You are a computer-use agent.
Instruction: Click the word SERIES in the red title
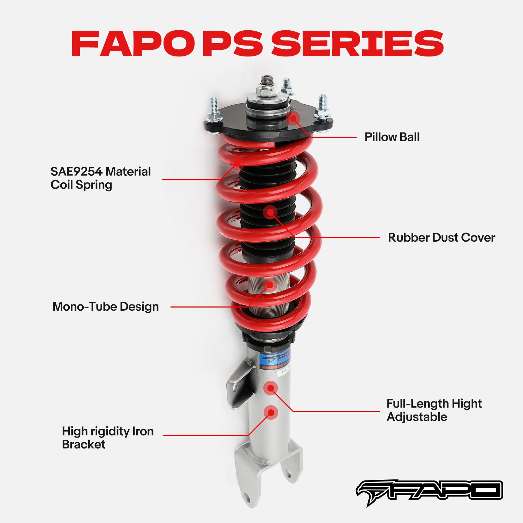coord(357,44)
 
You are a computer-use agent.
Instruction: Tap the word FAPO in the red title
coord(132,44)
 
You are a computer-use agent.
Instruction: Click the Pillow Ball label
coord(392,137)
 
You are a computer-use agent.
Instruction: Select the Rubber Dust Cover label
coord(441,237)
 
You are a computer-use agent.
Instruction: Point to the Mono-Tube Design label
coord(106,306)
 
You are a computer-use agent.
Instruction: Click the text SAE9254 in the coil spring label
coord(76,172)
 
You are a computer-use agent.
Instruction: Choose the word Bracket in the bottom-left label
coord(84,445)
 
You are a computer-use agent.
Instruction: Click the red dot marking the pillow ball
coord(294,119)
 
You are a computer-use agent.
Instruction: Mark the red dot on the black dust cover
coord(270,212)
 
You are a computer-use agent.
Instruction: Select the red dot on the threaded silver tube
coord(270,285)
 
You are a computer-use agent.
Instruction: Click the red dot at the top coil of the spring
coord(237,162)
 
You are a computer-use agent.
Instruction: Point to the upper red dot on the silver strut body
coord(271,388)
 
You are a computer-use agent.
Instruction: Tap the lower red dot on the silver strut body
coord(271,412)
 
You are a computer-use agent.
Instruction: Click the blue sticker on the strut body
coord(275,359)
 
